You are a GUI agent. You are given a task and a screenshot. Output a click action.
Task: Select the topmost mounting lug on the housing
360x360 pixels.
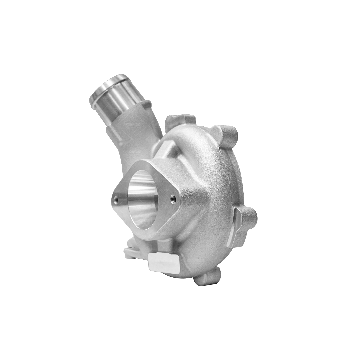pyautogui.click(x=180, y=120)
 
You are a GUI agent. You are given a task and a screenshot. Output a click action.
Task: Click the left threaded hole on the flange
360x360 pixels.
pyautogui.click(x=116, y=200)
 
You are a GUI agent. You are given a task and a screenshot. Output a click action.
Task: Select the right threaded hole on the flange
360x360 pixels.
pyautogui.click(x=173, y=199)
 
